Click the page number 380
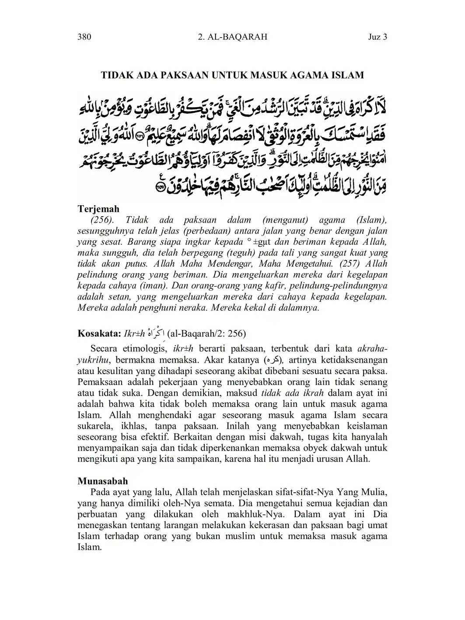pos(84,37)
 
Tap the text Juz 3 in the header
pos(378,37)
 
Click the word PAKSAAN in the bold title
pos(184,75)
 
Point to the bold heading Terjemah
pos(98,209)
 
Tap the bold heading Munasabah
pos(103,481)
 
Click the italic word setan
pos(118,297)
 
